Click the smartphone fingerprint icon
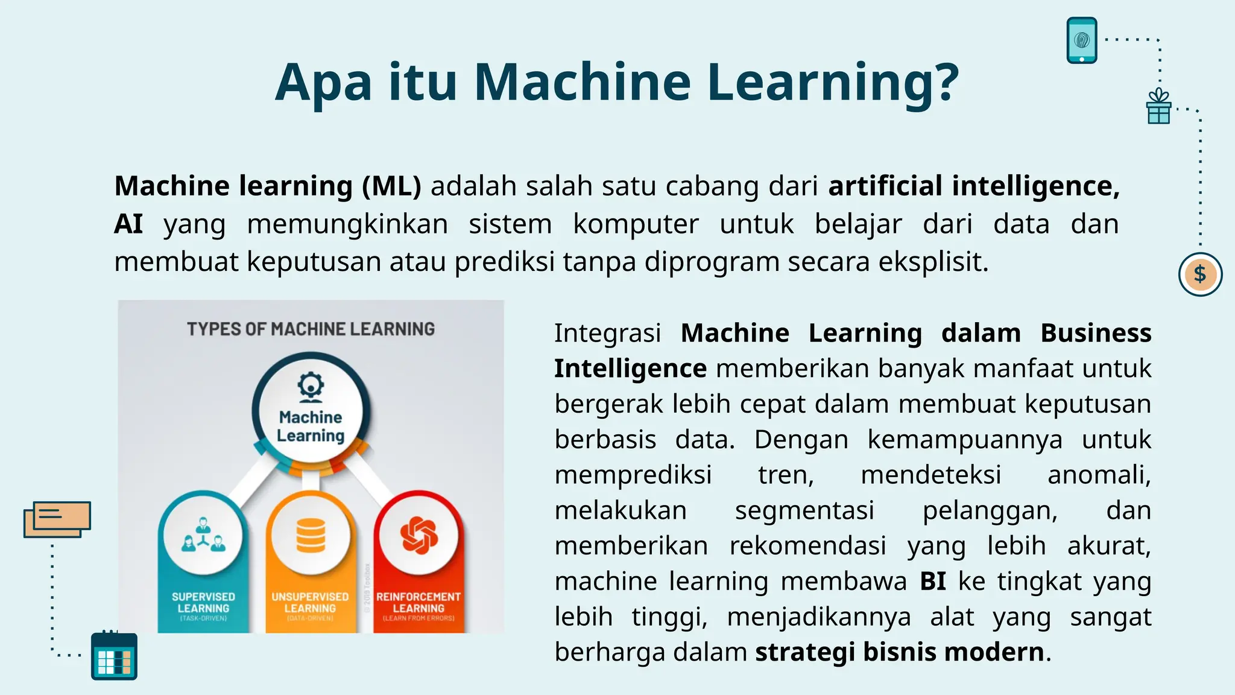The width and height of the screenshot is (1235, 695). (x=1082, y=40)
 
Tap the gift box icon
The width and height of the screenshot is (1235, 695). (x=1158, y=107)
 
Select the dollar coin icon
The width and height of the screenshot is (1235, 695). (x=1200, y=275)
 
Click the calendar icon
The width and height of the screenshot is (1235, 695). (x=114, y=656)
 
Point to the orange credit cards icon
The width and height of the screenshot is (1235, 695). (x=57, y=519)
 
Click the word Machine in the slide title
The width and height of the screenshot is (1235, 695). (x=582, y=83)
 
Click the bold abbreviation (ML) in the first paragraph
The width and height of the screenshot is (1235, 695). (x=391, y=186)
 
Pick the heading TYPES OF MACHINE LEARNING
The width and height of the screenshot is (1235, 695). (x=311, y=329)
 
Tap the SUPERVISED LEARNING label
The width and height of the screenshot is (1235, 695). (x=203, y=603)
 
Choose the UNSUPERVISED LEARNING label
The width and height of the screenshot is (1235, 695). (x=310, y=603)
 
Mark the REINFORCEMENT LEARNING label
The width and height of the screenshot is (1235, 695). (x=419, y=603)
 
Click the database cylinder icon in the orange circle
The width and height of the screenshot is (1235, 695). (x=311, y=536)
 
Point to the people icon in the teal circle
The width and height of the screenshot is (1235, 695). (x=203, y=536)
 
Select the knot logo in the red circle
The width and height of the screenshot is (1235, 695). (x=419, y=536)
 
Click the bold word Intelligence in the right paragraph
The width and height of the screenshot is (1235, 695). (x=630, y=369)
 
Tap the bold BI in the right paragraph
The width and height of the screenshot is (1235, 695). (x=933, y=582)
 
